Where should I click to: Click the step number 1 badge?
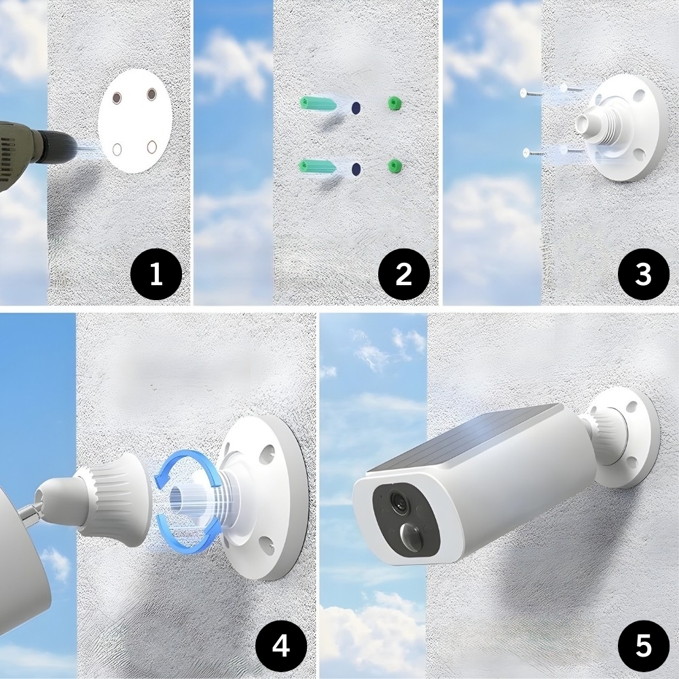click(156, 274)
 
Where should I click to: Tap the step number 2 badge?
click(403, 274)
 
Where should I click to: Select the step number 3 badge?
click(643, 274)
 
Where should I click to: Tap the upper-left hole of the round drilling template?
click(117, 98)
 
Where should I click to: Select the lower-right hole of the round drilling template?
click(151, 147)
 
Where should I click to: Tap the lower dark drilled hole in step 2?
click(356, 168)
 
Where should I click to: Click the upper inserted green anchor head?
click(394, 103)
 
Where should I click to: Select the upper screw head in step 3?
click(524, 92)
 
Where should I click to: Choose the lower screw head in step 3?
click(527, 152)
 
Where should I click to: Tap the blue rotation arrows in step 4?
click(187, 502)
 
